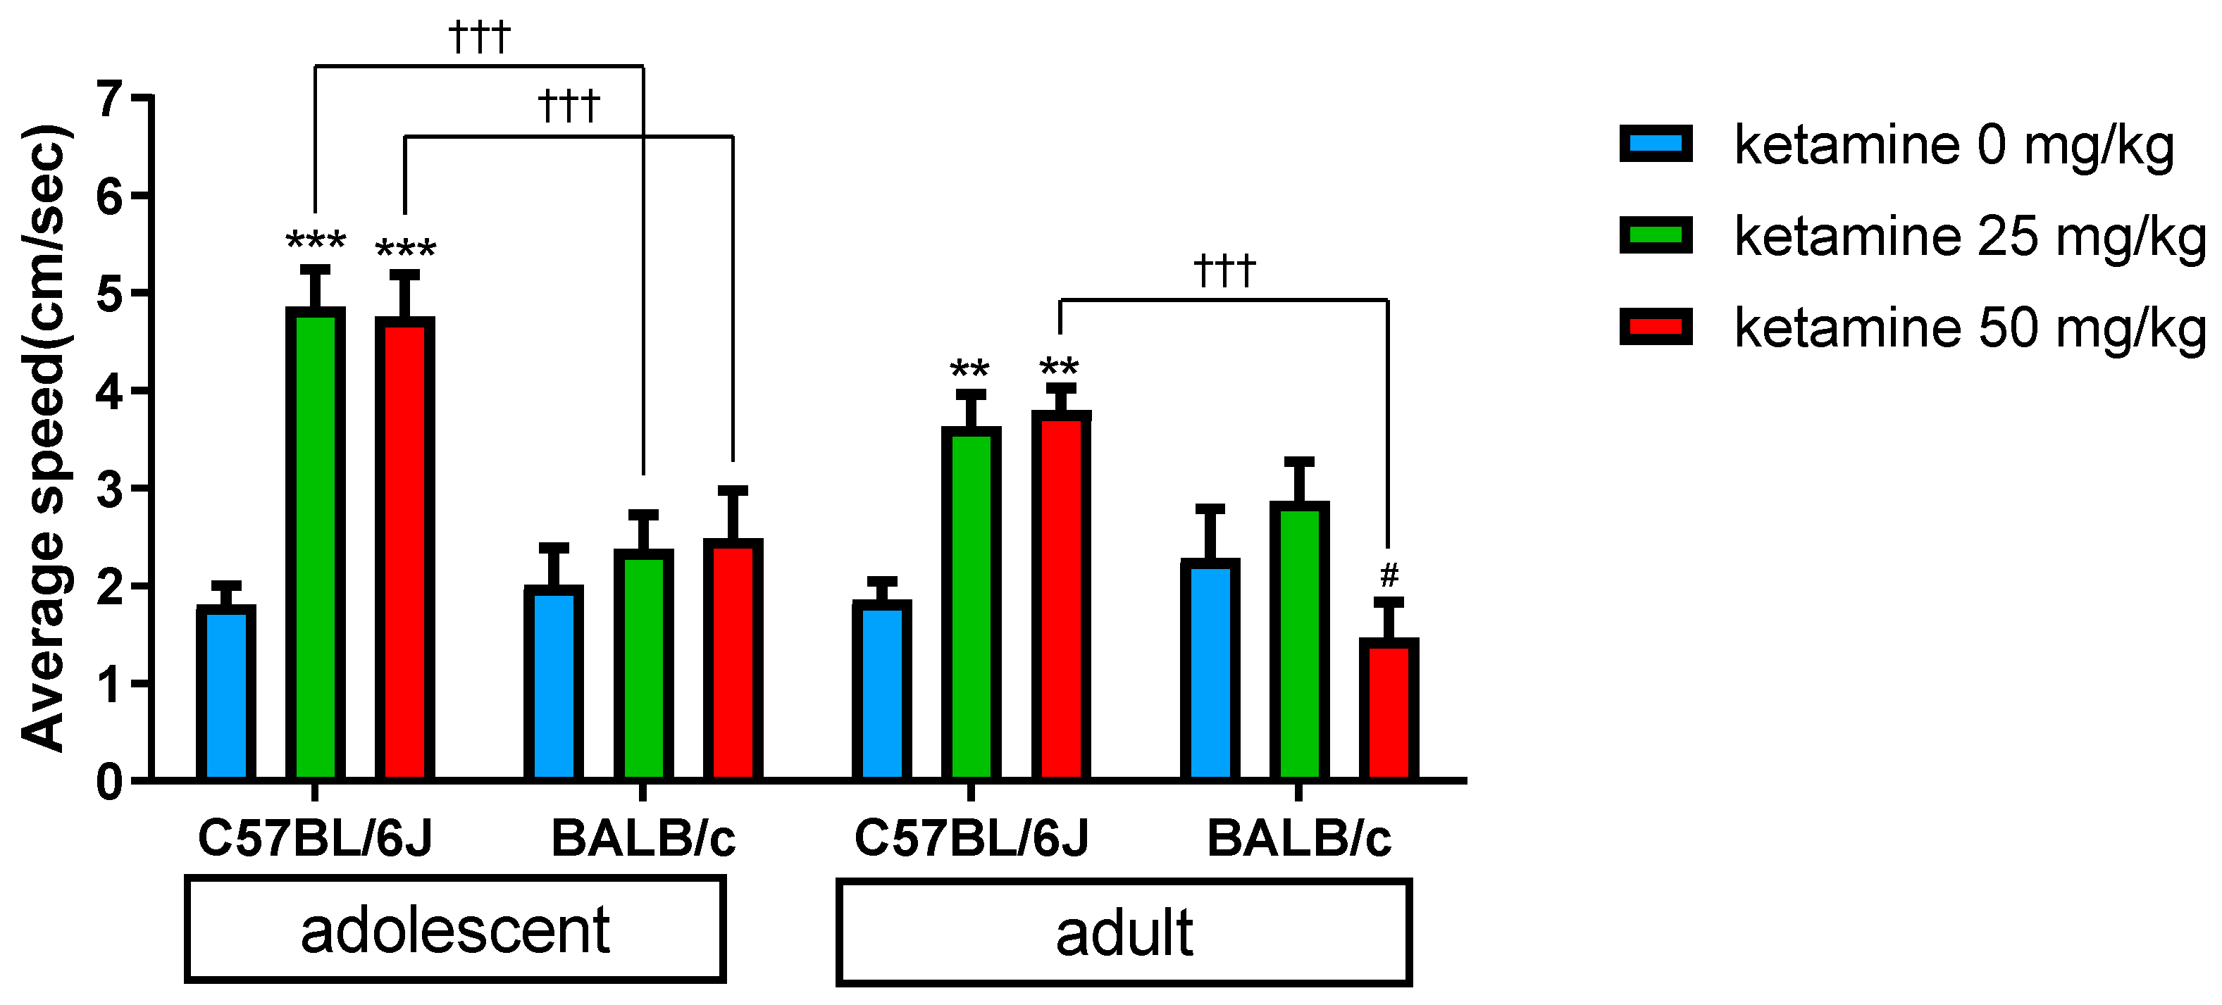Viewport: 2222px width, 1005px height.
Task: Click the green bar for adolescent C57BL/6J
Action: coord(315,544)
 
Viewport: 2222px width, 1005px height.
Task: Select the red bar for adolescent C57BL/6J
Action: coord(404,549)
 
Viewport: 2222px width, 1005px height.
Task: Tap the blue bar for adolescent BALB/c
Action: coord(553,682)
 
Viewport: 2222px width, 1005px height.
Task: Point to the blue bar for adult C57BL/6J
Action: coord(881,690)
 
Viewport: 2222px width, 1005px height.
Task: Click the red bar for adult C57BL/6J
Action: coord(1061,595)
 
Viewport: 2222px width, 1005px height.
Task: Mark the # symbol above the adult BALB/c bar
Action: coord(1389,575)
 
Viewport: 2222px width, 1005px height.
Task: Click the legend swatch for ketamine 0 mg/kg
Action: coord(1656,144)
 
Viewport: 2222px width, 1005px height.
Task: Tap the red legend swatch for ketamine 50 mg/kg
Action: coord(1656,327)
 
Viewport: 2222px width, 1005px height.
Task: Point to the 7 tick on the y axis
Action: coord(108,99)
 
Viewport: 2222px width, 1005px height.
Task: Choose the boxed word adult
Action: coord(1123,933)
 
